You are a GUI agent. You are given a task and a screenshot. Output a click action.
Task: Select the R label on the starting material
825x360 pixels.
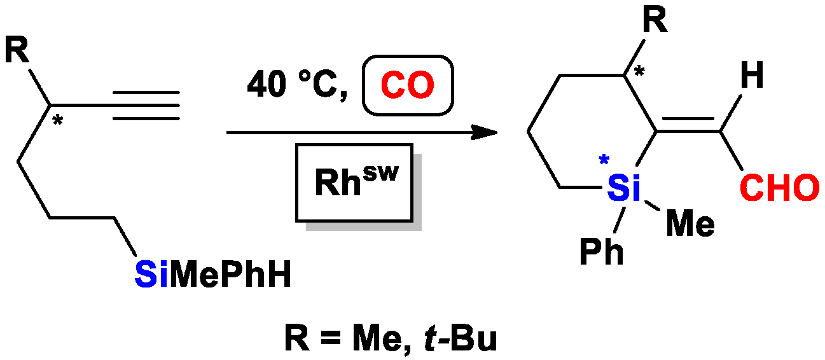tap(17, 53)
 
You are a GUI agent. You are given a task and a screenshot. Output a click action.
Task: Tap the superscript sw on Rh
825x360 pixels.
tap(380, 169)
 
